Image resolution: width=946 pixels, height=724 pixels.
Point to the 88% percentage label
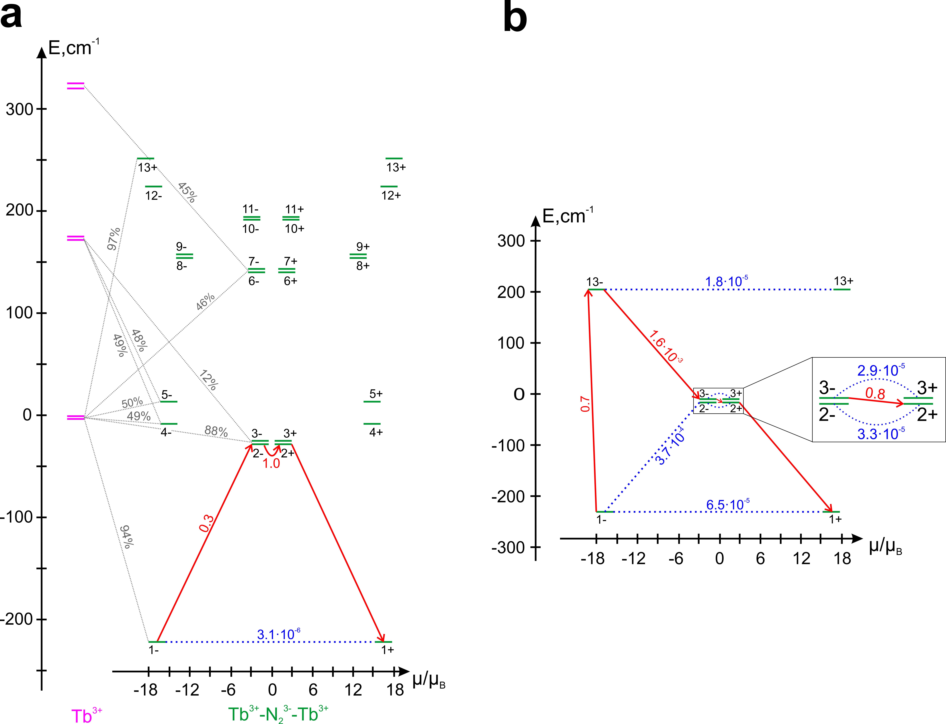pyautogui.click(x=216, y=431)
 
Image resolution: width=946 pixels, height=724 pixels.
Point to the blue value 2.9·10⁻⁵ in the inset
pyautogui.click(x=880, y=370)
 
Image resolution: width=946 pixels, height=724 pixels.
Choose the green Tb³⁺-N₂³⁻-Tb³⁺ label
pyautogui.click(x=278, y=714)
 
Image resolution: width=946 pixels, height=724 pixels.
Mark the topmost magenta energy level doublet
pyautogui.click(x=75, y=86)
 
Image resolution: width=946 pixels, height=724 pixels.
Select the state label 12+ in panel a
pyautogui.click(x=391, y=195)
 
